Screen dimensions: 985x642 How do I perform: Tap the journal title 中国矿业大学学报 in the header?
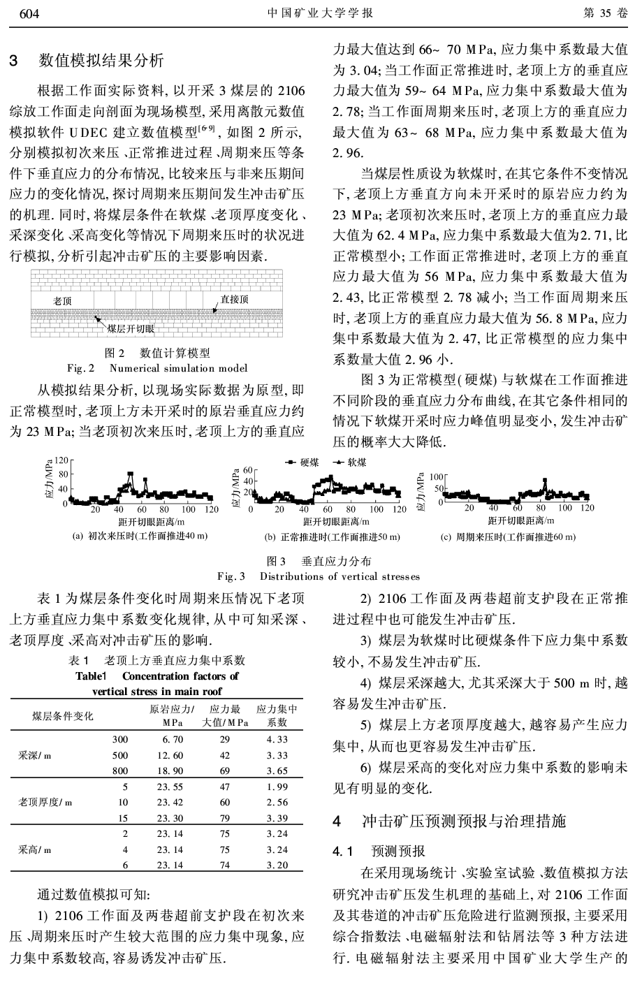(321, 13)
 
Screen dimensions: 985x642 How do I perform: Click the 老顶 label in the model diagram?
(63, 301)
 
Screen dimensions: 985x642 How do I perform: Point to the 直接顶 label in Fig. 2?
(234, 300)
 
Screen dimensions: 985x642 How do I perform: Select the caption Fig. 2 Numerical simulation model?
(156, 367)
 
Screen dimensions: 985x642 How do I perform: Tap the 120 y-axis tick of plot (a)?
(62, 461)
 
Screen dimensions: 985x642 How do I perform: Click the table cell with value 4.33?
(277, 739)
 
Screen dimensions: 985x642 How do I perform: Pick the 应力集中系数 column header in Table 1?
(277, 715)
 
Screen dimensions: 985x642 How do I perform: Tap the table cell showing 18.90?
(170, 771)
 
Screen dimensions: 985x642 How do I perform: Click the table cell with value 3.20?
(277, 865)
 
